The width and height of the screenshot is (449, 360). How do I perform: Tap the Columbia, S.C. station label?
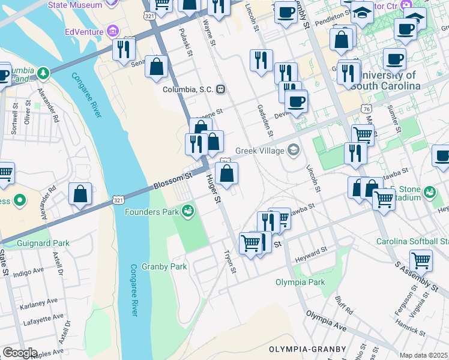click(x=188, y=89)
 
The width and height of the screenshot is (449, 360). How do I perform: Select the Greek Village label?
click(x=261, y=150)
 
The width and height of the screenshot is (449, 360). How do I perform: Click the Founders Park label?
click(x=152, y=211)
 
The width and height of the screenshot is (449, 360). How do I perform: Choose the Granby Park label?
click(x=164, y=266)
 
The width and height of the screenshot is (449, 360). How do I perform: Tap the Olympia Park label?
click(x=300, y=282)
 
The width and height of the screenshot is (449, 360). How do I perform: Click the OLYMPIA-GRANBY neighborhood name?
click(x=307, y=349)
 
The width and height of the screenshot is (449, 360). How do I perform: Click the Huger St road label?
click(x=213, y=187)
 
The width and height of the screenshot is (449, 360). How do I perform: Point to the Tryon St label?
click(x=230, y=262)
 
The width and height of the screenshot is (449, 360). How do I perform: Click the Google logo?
click(x=20, y=352)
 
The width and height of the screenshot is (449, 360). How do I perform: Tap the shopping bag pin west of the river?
click(x=80, y=194)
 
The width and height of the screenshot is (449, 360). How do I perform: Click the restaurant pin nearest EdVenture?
click(x=124, y=49)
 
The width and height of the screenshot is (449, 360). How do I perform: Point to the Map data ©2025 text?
click(x=423, y=355)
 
